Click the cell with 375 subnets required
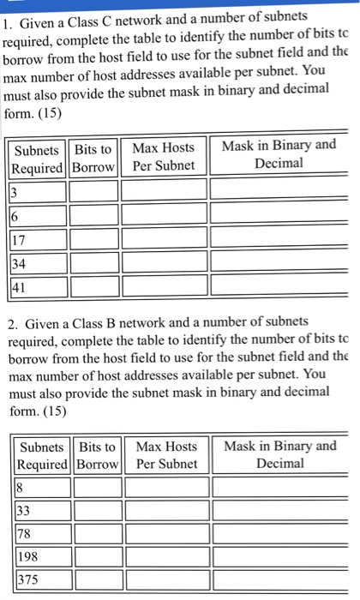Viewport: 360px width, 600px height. (x=42, y=579)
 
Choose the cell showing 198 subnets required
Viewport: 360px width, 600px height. (x=42, y=556)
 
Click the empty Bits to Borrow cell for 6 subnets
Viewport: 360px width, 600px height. (x=94, y=212)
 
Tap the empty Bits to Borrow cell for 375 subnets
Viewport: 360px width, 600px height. (x=98, y=579)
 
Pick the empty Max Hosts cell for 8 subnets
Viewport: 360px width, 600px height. (x=166, y=487)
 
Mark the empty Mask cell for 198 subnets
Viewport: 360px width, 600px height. (x=279, y=556)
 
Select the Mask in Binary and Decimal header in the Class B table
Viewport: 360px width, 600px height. (x=279, y=454)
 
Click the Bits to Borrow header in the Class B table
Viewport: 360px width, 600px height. (x=97, y=454)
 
